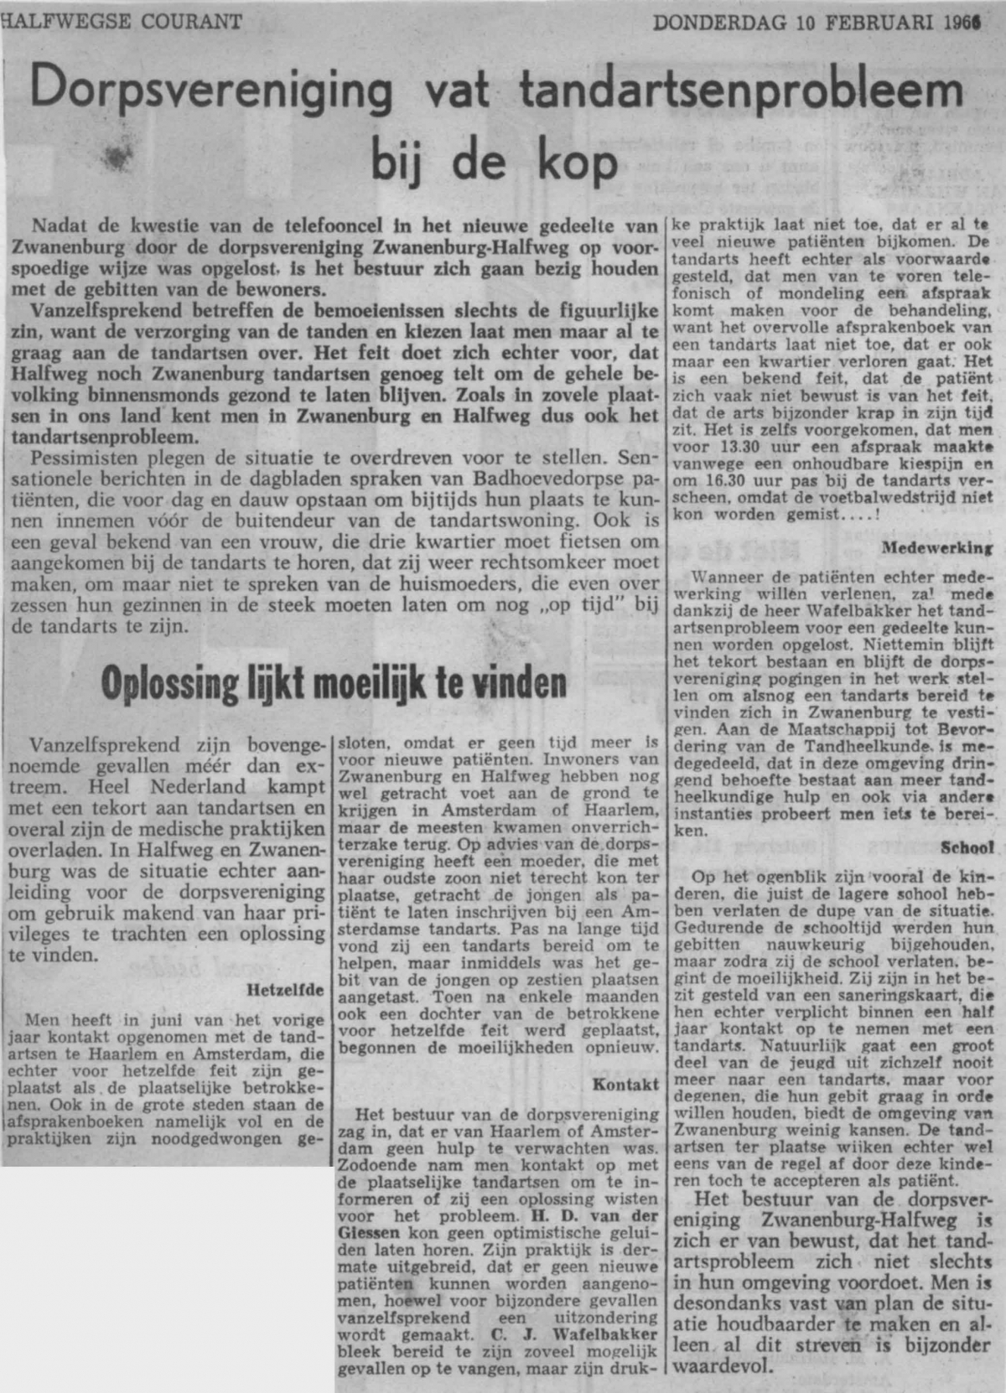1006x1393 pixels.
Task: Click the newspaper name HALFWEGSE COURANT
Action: pyautogui.click(x=122, y=21)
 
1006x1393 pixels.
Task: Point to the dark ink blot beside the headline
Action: pyautogui.click(x=117, y=153)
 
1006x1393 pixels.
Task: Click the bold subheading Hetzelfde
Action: pyautogui.click(x=285, y=990)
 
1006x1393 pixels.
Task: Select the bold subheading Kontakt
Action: pyautogui.click(x=625, y=1085)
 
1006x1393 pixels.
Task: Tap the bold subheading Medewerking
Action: pyautogui.click(x=937, y=548)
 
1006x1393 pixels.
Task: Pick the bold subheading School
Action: pyautogui.click(x=967, y=847)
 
